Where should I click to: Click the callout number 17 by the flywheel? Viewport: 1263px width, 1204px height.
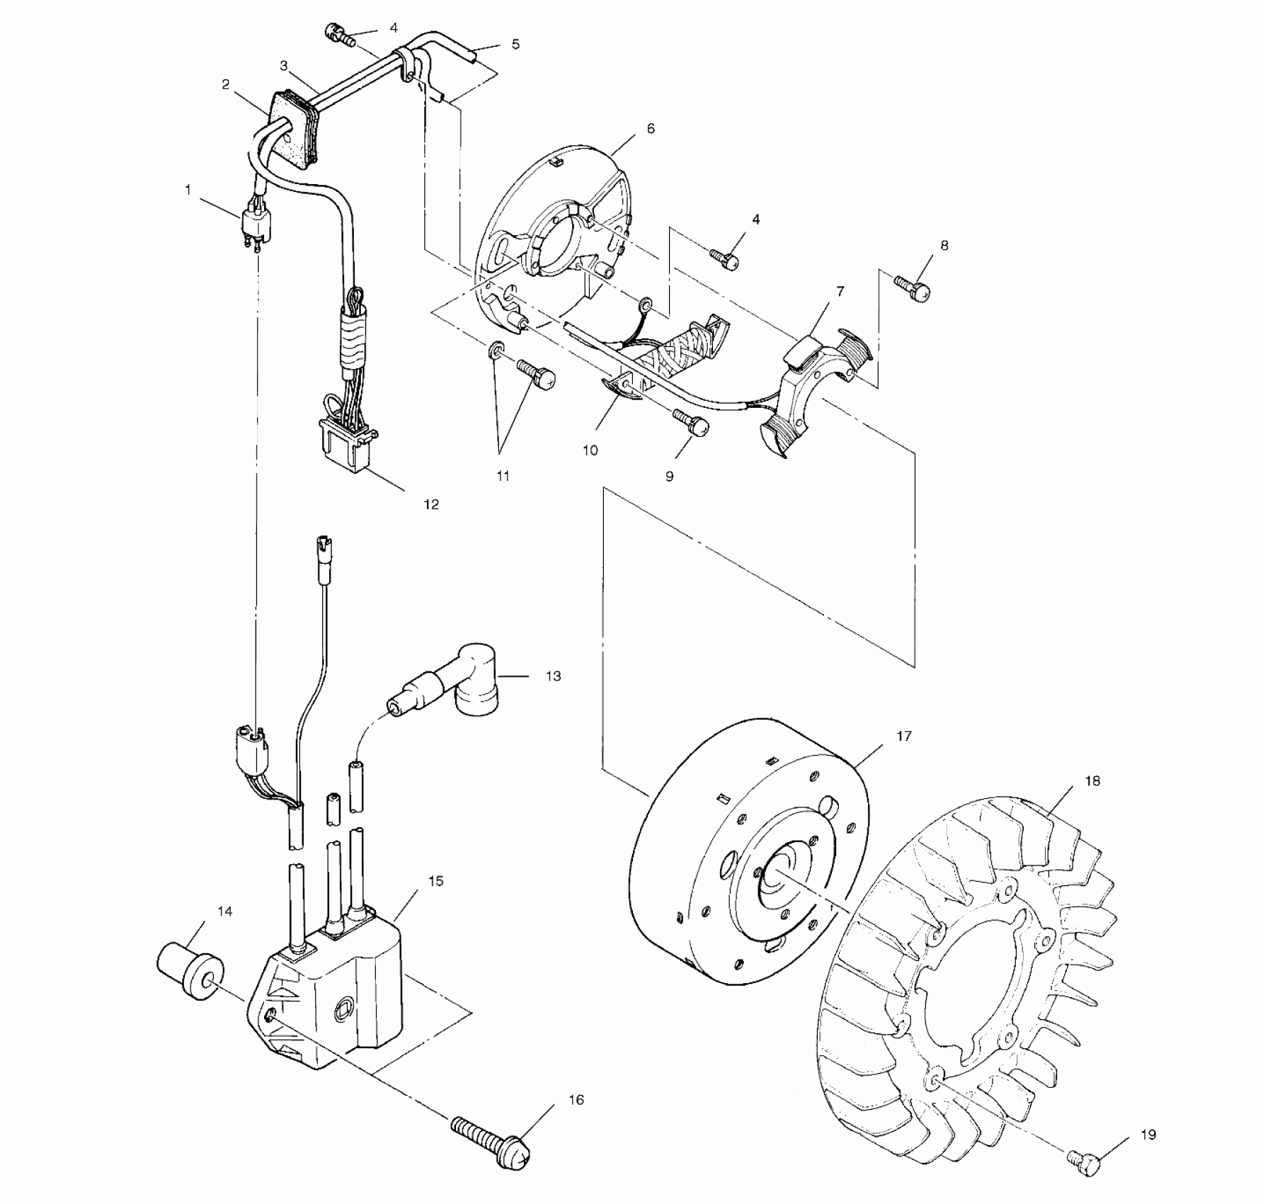click(904, 737)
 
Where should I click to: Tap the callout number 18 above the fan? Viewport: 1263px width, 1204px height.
click(1092, 781)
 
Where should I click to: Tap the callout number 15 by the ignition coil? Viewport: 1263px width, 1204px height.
click(435, 881)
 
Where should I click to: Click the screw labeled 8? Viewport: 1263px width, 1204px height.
click(913, 288)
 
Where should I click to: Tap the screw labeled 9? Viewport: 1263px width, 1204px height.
click(691, 424)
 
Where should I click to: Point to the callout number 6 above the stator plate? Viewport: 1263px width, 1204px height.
click(651, 129)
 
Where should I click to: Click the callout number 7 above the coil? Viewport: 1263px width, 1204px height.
click(840, 291)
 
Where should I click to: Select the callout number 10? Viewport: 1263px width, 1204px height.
click(590, 450)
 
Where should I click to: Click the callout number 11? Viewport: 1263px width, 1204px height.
click(503, 477)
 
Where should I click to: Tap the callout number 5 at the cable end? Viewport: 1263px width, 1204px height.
click(515, 44)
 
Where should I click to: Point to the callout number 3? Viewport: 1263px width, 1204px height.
click(283, 66)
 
